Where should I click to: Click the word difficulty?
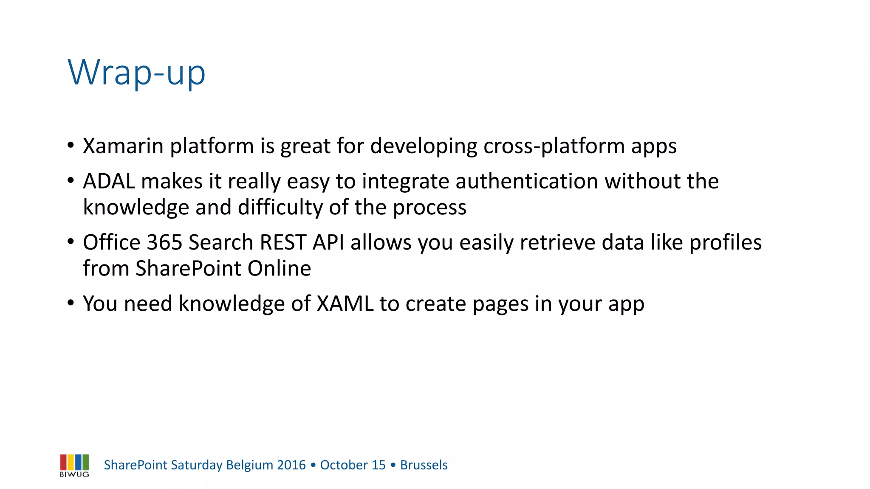[280, 208]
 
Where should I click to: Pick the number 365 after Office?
[164, 242]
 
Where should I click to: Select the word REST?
[283, 242]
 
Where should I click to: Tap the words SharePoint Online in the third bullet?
[223, 269]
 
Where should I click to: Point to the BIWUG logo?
[74, 465]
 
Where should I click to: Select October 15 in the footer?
[353, 465]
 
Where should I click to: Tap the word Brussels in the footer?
[424, 465]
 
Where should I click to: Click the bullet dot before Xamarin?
[71, 146]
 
